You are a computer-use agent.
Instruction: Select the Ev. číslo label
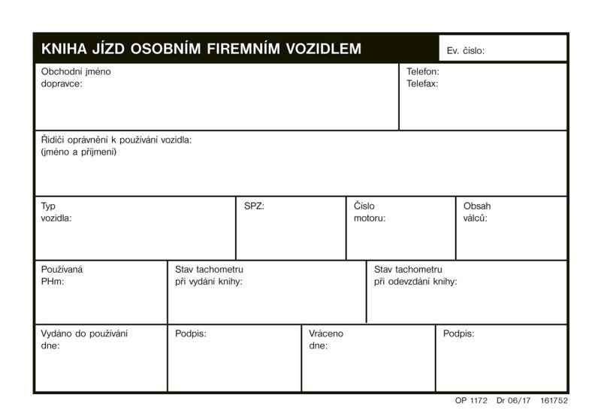466,51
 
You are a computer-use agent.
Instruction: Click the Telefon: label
423,72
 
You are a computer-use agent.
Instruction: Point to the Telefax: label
422,84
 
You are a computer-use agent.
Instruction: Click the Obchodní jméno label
76,72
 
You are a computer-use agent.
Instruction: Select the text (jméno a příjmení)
79,152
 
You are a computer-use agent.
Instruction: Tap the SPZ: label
255,206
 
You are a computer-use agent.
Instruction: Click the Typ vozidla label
56,212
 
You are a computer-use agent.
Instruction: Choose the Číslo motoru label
370,212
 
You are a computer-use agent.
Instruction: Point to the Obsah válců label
477,212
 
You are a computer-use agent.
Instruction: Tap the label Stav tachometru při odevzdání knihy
415,276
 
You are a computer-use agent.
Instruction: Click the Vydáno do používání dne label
84,339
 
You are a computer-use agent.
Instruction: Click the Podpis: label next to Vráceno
458,333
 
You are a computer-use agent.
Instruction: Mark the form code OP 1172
471,402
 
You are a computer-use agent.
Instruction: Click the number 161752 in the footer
554,402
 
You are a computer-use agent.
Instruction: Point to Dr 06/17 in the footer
513,402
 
